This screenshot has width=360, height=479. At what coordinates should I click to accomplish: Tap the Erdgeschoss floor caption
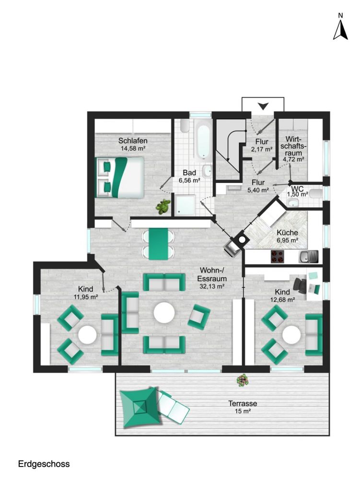pos(44,464)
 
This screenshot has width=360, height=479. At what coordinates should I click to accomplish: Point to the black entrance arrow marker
pos(263,105)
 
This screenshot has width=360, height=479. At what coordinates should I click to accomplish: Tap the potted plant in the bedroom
pos(163,206)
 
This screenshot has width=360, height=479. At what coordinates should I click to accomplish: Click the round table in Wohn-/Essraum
pos(164,313)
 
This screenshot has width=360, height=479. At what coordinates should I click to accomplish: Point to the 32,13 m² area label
pos(213,286)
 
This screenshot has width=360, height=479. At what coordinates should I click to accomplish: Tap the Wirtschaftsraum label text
pos(292,147)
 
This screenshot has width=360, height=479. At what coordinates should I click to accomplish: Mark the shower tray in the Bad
pos(185,205)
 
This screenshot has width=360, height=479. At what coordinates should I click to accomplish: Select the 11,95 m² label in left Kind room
pos(86,297)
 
